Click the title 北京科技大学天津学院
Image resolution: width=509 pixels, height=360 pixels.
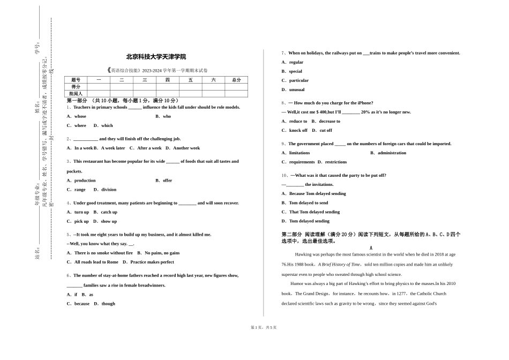(x=156, y=57)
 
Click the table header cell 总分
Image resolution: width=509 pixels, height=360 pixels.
(x=236, y=80)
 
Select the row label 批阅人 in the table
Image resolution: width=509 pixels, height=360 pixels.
(x=76, y=94)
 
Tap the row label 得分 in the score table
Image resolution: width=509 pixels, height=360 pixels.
(x=76, y=87)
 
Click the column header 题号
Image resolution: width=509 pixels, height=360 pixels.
(x=76, y=80)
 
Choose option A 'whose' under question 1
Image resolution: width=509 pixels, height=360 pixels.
(x=80, y=116)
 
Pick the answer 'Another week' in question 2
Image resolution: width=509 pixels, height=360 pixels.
(x=186, y=148)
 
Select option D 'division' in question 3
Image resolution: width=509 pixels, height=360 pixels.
(x=108, y=190)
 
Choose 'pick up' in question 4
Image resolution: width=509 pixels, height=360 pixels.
(x=81, y=221)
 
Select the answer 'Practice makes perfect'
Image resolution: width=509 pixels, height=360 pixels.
(x=152, y=262)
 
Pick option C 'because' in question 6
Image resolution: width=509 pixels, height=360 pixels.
(x=81, y=304)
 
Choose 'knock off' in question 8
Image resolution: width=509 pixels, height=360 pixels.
(x=298, y=130)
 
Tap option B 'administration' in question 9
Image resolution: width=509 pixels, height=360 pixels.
(x=392, y=153)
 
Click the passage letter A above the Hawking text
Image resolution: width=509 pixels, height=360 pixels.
(x=371, y=248)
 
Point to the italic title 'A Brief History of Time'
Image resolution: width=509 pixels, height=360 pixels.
(x=339, y=265)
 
